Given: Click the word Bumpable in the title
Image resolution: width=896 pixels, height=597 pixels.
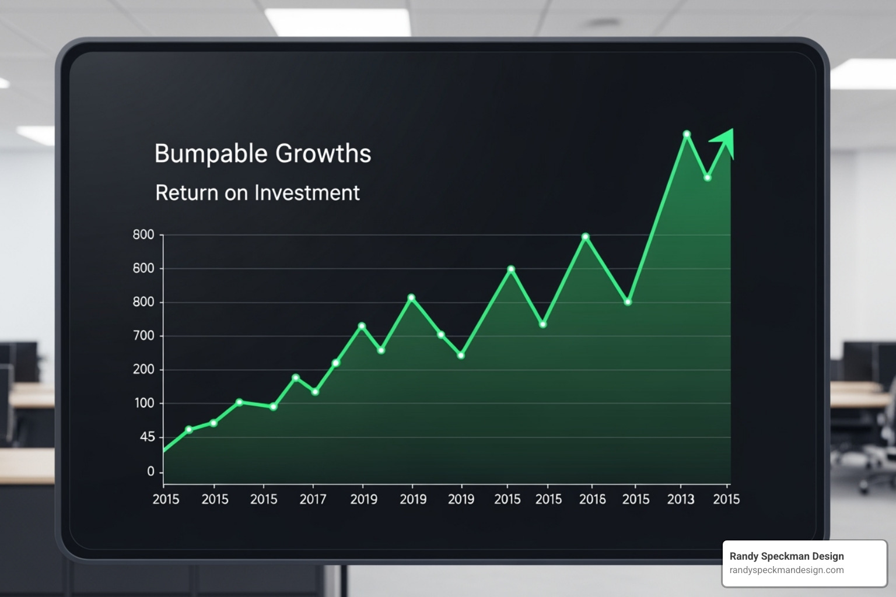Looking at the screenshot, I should pyautogui.click(x=211, y=154).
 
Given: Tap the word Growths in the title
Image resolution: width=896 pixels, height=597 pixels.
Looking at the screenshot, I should pyautogui.click(x=323, y=154).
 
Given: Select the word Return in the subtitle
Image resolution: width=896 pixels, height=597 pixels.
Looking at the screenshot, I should pyautogui.click(x=186, y=193).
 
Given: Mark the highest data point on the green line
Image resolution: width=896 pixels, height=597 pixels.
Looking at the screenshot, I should pyautogui.click(x=687, y=134).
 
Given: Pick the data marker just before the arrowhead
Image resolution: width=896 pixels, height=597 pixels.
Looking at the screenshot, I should pyautogui.click(x=708, y=177).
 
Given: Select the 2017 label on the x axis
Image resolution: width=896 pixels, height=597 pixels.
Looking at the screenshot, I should pyautogui.click(x=313, y=500).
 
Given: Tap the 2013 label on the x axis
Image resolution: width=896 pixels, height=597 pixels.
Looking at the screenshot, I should pyautogui.click(x=681, y=500).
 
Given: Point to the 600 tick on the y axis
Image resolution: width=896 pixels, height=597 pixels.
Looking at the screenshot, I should pyautogui.click(x=143, y=269).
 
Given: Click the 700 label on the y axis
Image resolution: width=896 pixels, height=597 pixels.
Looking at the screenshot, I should pyautogui.click(x=143, y=336).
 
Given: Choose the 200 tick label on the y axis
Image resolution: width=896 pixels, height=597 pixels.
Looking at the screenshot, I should pyautogui.click(x=143, y=370).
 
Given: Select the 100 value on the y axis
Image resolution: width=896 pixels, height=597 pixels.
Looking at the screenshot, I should pyautogui.click(x=143, y=403).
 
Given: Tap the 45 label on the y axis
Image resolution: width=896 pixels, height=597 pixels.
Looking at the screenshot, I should pyautogui.click(x=147, y=437).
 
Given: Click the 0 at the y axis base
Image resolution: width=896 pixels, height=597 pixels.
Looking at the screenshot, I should pyautogui.click(x=151, y=472).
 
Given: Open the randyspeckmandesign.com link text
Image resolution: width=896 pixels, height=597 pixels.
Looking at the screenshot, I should pyautogui.click(x=786, y=570).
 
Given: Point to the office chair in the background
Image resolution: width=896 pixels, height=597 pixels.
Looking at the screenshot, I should pyautogui.click(x=875, y=449).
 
